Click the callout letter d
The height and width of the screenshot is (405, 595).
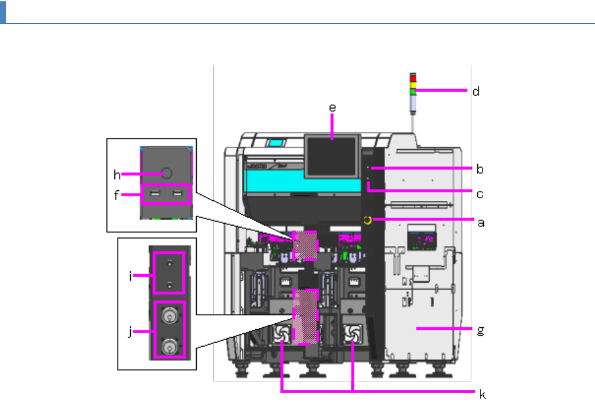pos(476,91)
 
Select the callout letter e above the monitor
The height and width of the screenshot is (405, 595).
pos(332,108)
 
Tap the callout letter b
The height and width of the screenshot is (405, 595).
pos(480,169)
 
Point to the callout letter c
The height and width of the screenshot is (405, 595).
pos(480,194)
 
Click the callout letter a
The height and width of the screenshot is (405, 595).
pos(481,222)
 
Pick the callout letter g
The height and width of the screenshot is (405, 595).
pos(481,330)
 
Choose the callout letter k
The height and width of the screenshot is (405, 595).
pos(483,394)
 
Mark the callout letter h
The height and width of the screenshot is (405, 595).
pos(117,175)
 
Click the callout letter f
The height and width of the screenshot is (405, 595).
pos(116,195)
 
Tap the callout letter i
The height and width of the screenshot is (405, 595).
pos(131,276)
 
